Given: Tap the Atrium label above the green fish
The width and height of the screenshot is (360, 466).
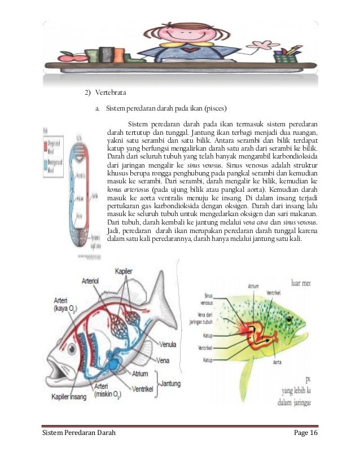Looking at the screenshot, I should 253,286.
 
